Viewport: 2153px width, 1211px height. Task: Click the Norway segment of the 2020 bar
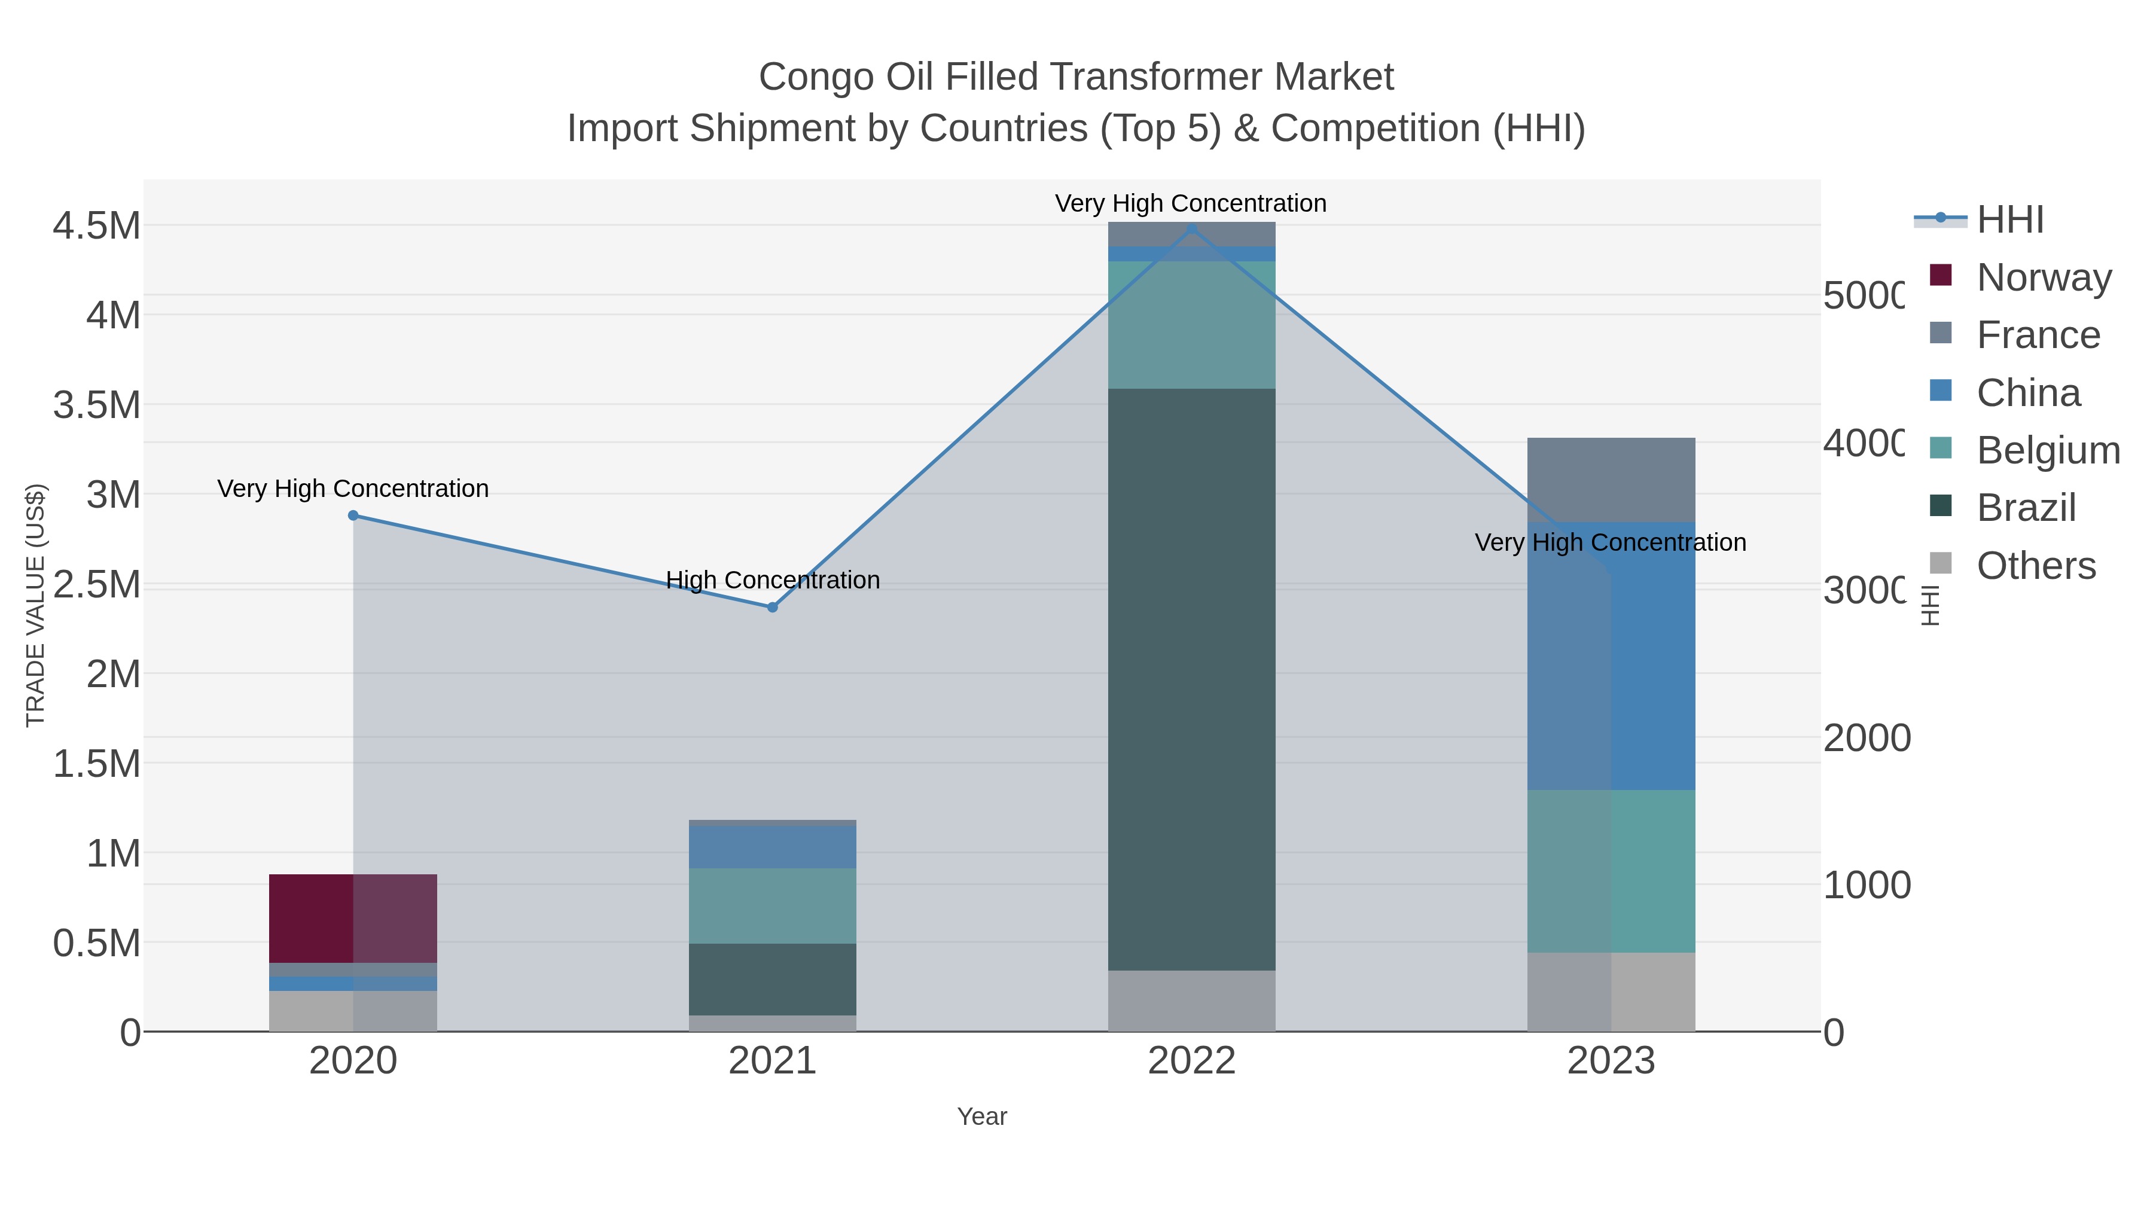tap(353, 919)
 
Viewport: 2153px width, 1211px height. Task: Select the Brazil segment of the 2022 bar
tap(1191, 679)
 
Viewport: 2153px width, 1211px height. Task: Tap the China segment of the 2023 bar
tap(1611, 656)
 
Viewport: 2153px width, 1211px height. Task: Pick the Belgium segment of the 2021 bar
tap(771, 905)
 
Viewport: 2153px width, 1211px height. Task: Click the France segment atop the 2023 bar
tap(1611, 480)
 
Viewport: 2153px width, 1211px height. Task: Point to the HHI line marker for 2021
tap(772, 607)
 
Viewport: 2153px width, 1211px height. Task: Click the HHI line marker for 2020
tap(353, 515)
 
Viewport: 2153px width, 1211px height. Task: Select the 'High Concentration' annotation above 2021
tap(772, 580)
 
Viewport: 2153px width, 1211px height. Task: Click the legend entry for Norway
tap(2043, 277)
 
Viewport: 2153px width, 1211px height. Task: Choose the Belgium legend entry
tap(2047, 450)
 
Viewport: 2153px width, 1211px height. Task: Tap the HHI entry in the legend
tap(2009, 220)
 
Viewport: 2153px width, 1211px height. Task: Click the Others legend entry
tap(2035, 566)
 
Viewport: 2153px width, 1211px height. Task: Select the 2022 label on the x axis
tap(1191, 1061)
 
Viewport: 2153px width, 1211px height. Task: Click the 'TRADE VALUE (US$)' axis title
tap(35, 605)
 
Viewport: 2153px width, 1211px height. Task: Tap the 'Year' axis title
tap(982, 1117)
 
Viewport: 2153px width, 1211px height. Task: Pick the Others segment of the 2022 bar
tap(1191, 1000)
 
